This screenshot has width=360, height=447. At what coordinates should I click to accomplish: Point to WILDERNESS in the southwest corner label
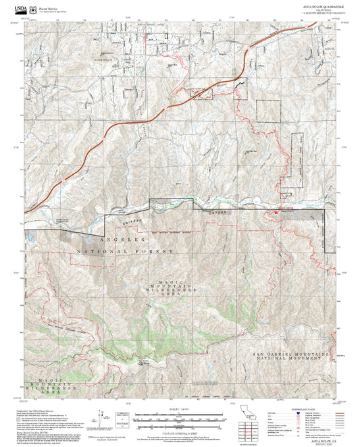point(63,389)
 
